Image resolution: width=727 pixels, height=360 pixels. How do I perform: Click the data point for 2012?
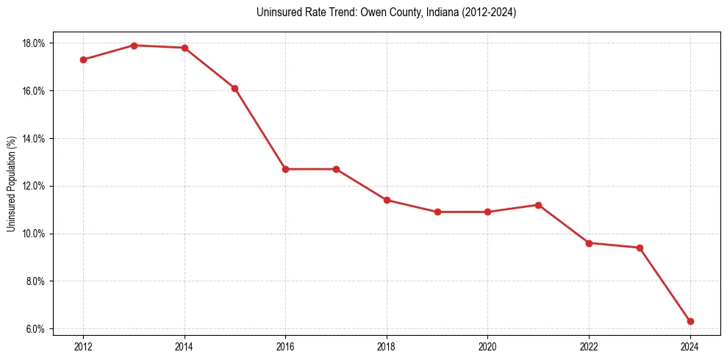pyautogui.click(x=83, y=60)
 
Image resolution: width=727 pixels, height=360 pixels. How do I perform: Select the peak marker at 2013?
pyautogui.click(x=134, y=46)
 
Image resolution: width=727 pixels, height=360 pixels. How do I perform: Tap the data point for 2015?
pyautogui.click(x=234, y=88)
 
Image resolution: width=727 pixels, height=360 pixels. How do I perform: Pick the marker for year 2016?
pyautogui.click(x=285, y=169)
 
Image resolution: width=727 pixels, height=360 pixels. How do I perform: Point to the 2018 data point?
pyautogui.click(x=387, y=200)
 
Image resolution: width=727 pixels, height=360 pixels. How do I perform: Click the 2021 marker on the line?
pyautogui.click(x=538, y=205)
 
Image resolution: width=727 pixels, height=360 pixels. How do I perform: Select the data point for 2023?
pyautogui.click(x=640, y=248)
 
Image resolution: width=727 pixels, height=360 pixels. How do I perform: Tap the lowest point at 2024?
pyautogui.click(x=690, y=321)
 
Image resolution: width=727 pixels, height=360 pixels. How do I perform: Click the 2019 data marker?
pyautogui.click(x=437, y=212)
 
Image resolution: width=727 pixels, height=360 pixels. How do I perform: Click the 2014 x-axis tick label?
pyautogui.click(x=185, y=347)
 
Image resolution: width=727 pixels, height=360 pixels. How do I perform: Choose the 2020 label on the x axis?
pyautogui.click(x=487, y=347)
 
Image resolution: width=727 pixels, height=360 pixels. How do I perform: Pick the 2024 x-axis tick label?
pyautogui.click(x=690, y=347)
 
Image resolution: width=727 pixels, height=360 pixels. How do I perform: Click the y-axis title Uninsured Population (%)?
pyautogui.click(x=12, y=184)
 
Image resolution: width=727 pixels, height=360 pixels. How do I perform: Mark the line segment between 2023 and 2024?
pyautogui.click(x=665, y=284)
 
